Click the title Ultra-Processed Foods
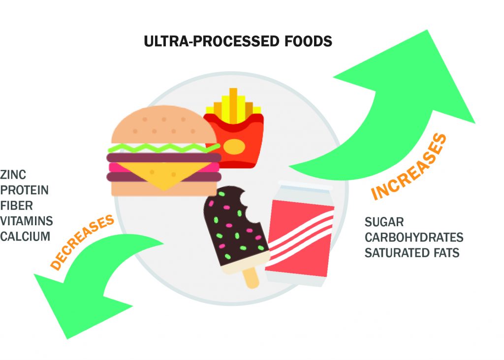pyautogui.click(x=238, y=41)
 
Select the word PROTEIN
pyautogui.click(x=24, y=190)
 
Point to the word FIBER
pyautogui.click(x=17, y=205)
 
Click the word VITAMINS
pyautogui.click(x=26, y=220)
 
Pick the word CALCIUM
pyautogui.click(x=25, y=236)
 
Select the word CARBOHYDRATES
pyautogui.click(x=413, y=238)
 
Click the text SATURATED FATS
pyautogui.click(x=411, y=253)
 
